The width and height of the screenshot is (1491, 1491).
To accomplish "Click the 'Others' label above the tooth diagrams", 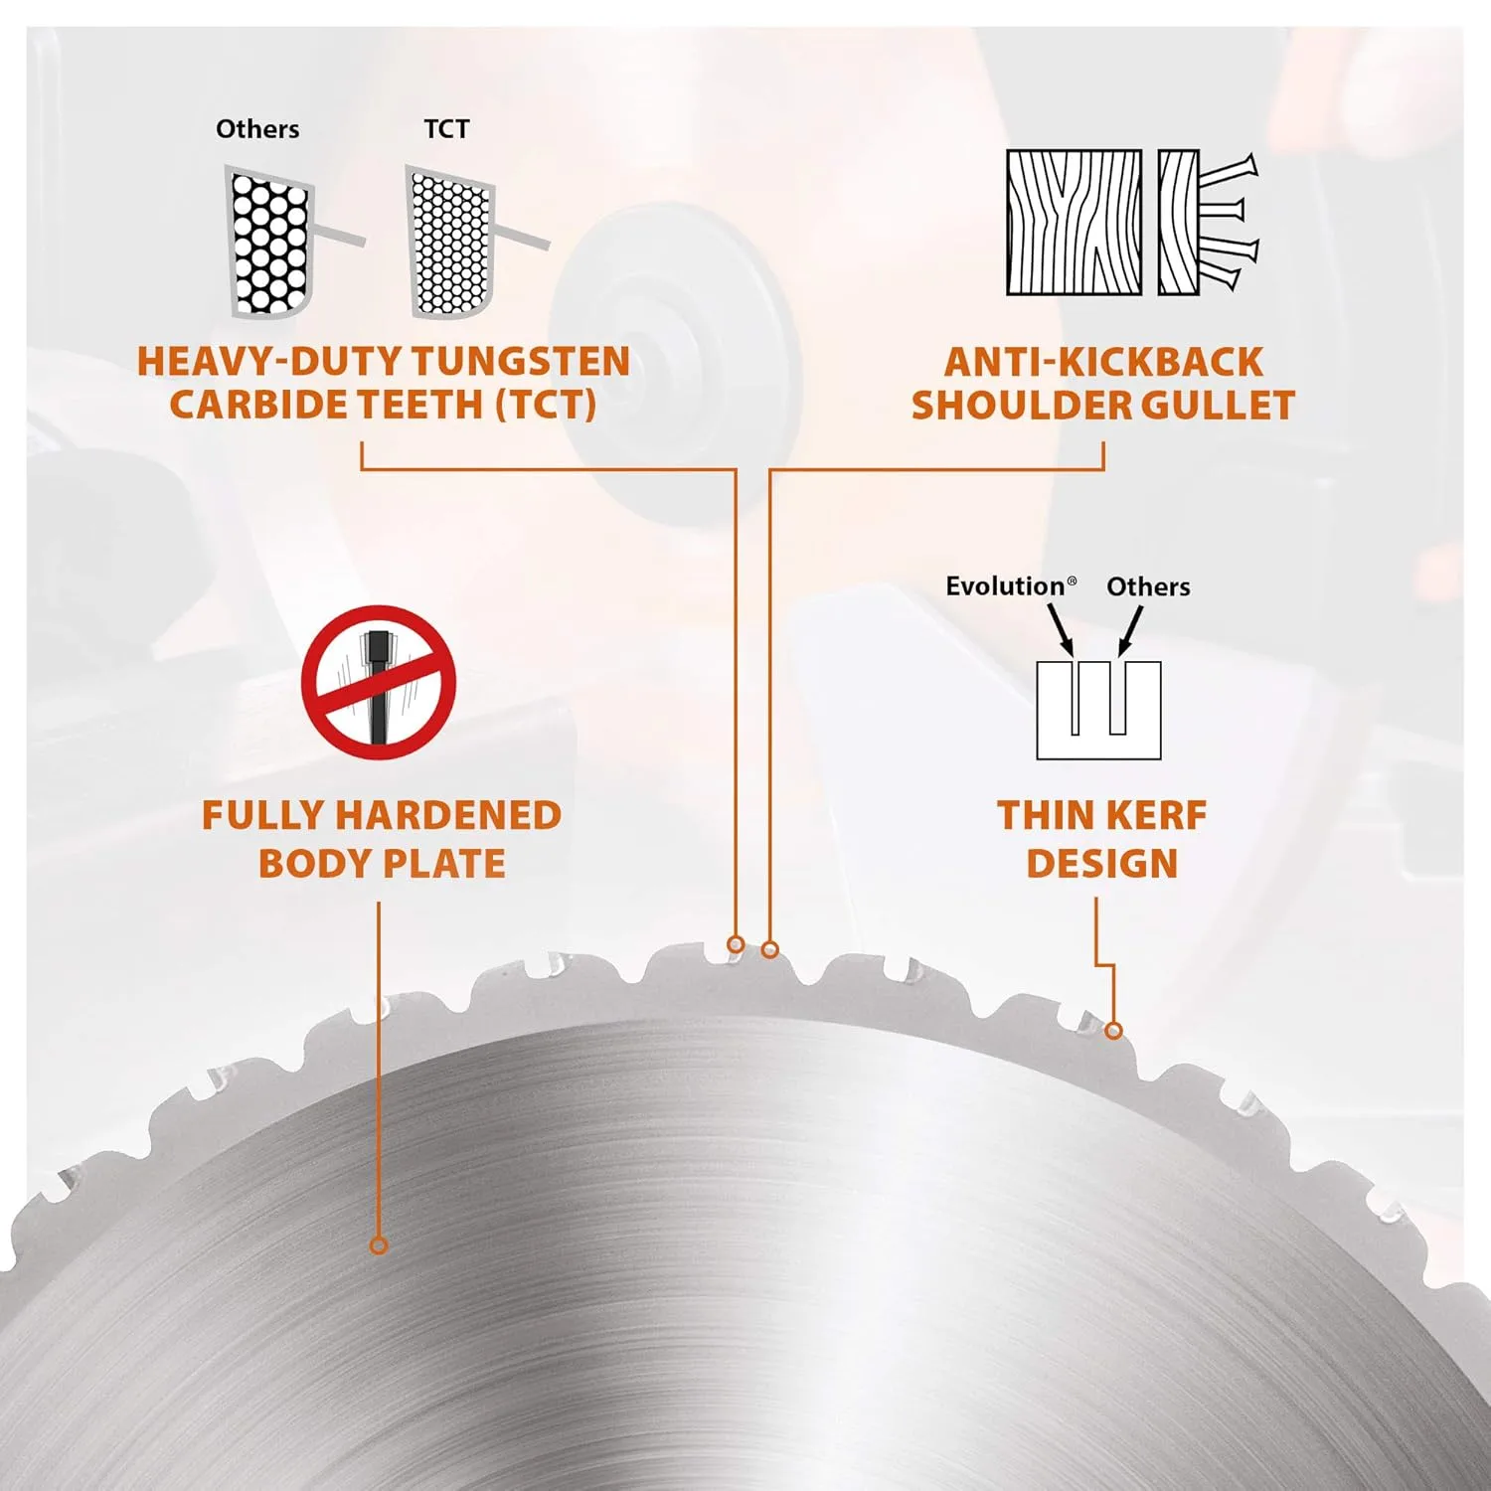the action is tap(257, 129).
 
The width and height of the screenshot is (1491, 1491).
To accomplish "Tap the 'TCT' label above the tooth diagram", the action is tap(446, 129).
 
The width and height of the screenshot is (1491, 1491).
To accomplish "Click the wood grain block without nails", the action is tap(1075, 223).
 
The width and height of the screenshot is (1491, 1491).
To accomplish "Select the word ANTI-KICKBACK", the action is tap(1103, 362).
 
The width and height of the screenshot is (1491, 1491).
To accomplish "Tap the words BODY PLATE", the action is tap(382, 863).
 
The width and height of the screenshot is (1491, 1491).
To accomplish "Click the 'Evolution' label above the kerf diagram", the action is tap(1010, 586).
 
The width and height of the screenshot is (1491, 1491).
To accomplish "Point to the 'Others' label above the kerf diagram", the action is tap(1148, 586).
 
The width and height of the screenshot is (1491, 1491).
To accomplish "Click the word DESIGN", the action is tap(1102, 863).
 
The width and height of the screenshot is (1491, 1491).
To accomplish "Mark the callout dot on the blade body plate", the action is tap(378, 1245).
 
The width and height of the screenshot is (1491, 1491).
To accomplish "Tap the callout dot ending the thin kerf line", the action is tap(1113, 1031).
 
